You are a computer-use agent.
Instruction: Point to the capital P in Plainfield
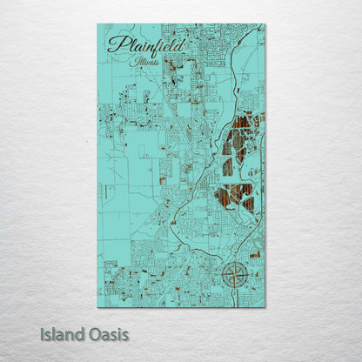point(114,44)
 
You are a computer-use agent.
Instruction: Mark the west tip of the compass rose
point(219,275)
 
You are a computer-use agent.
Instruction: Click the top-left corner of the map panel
point(98,24)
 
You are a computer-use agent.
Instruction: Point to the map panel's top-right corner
point(265,24)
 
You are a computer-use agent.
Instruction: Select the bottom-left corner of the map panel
point(98,306)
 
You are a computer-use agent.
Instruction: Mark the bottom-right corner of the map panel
point(265,306)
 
